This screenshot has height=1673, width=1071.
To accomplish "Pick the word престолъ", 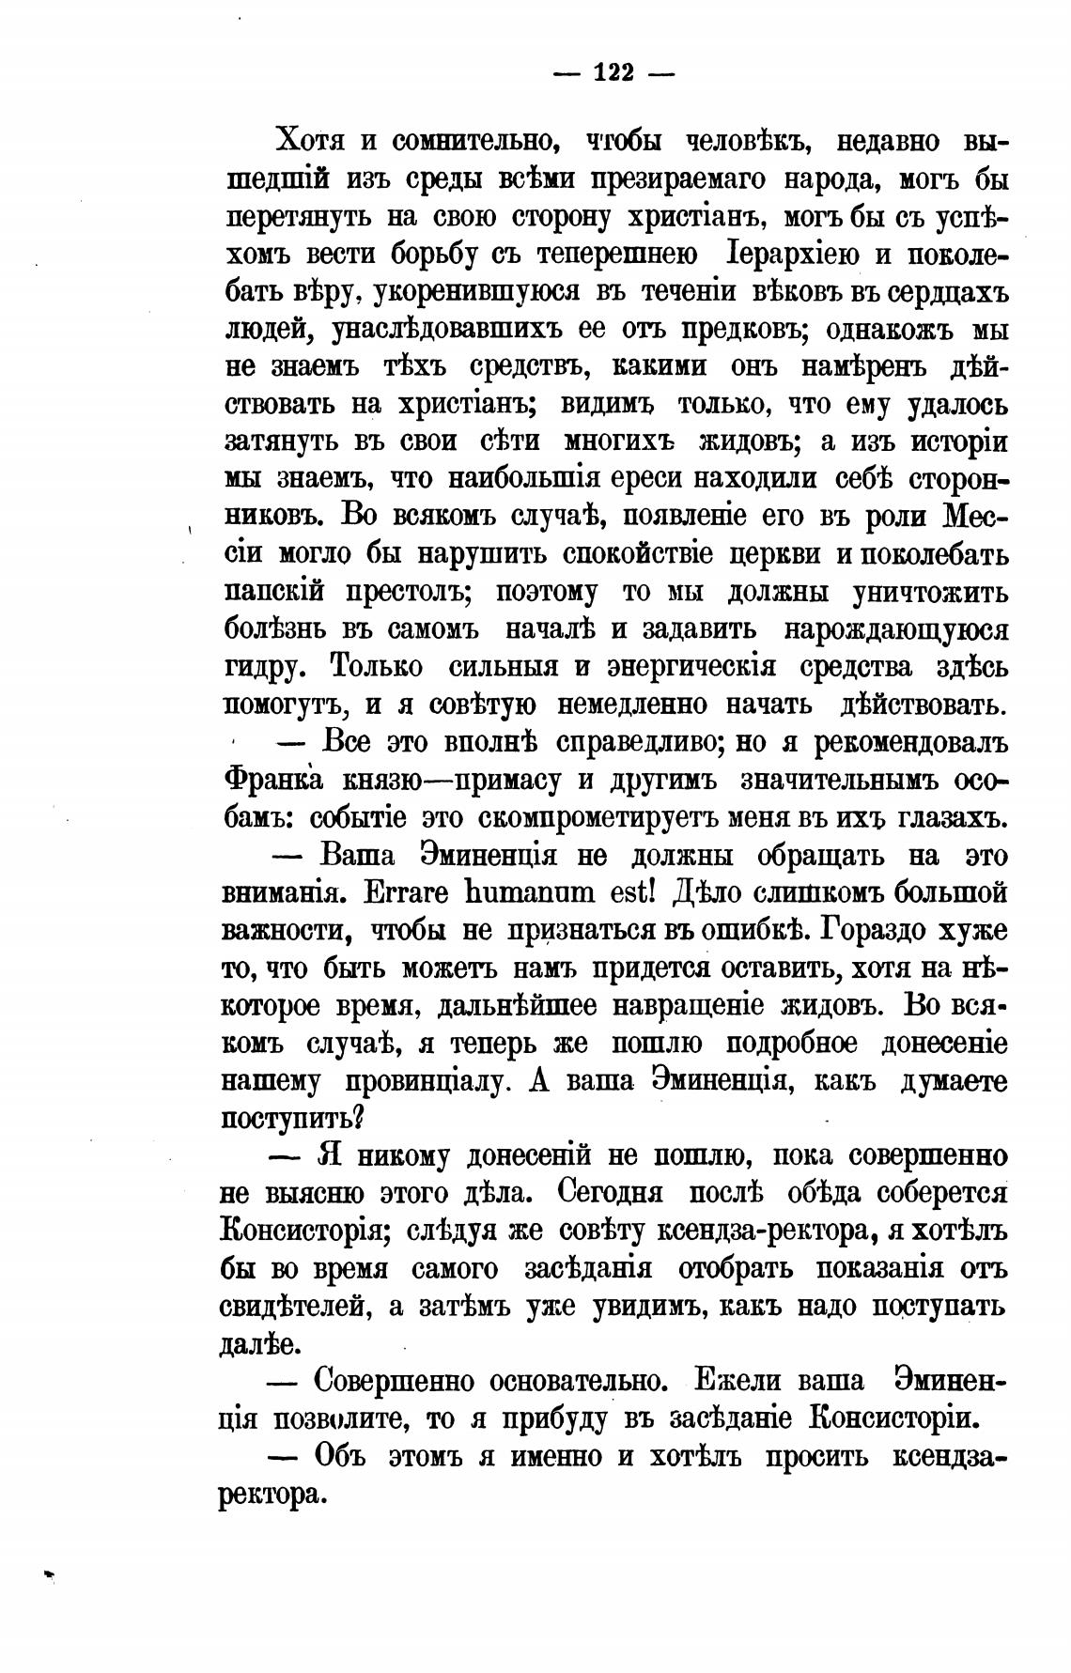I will (407, 593).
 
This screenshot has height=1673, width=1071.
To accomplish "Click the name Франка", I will (274, 781).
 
